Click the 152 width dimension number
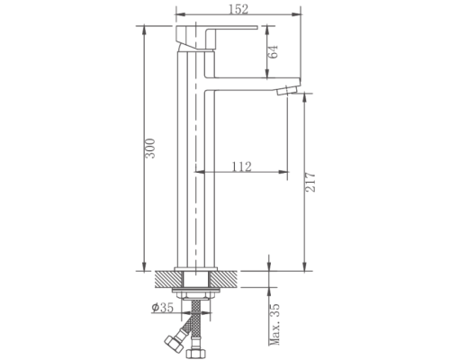tap(238, 9)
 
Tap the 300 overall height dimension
tap(150, 148)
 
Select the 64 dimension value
tap(274, 51)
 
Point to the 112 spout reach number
tap(242, 166)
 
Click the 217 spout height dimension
tap(310, 182)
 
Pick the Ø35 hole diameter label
tap(163, 307)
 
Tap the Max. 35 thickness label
tap(274, 324)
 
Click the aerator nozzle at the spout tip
tap(287, 90)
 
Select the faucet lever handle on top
tap(216, 38)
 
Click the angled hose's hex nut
tap(174, 344)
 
